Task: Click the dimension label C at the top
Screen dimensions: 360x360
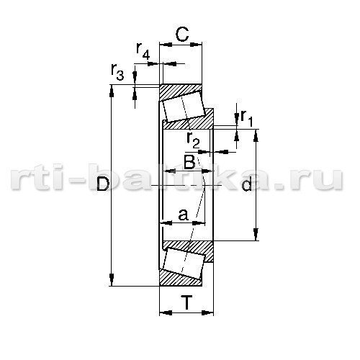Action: click(182, 35)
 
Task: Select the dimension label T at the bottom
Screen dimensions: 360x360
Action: click(187, 302)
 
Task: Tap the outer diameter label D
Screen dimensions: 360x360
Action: click(103, 184)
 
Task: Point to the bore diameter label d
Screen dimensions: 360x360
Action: click(247, 184)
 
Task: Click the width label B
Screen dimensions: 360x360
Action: click(189, 161)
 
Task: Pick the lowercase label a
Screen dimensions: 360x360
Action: click(184, 215)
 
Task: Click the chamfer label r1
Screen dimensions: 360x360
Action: click(247, 118)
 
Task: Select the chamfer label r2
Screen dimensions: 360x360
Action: click(193, 140)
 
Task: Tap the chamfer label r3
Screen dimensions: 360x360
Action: click(117, 72)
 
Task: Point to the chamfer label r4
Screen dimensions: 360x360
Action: click(143, 51)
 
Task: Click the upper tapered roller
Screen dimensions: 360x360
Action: click(184, 107)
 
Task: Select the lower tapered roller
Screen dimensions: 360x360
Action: click(184, 264)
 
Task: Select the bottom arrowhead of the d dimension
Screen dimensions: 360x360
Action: click(256, 234)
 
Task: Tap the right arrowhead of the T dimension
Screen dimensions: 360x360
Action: click(207, 312)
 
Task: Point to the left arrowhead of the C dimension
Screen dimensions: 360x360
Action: click(166, 45)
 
